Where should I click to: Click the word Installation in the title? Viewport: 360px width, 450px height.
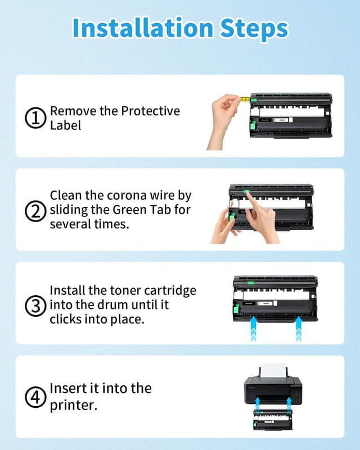click(x=143, y=28)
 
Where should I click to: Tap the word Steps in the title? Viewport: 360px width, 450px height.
click(x=254, y=29)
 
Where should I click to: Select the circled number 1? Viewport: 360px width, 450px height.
click(x=35, y=118)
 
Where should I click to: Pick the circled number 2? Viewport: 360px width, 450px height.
click(x=35, y=211)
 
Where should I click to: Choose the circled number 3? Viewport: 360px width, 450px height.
click(x=35, y=306)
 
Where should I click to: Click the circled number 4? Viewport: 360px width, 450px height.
click(x=35, y=398)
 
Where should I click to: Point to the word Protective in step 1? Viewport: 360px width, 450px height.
click(x=150, y=111)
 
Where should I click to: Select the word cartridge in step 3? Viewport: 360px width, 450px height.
click(x=170, y=291)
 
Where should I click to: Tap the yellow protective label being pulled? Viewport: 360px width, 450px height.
click(x=245, y=100)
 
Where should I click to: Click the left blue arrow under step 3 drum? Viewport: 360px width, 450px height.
click(x=254, y=328)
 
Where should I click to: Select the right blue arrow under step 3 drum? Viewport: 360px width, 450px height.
click(x=299, y=328)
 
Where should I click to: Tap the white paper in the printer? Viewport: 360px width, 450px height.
click(x=273, y=371)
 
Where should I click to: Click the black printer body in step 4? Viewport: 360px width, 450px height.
click(x=273, y=390)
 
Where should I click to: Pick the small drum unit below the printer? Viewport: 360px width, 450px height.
click(x=273, y=420)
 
